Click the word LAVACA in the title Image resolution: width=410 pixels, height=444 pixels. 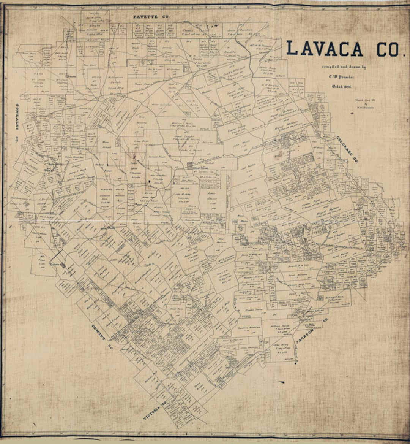click(325, 49)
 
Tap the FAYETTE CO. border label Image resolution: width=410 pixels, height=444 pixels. click(151, 17)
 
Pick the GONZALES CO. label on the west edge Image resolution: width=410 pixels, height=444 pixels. click(17, 122)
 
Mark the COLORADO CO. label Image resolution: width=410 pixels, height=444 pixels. click(347, 149)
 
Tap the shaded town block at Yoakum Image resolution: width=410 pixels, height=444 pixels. click(62, 265)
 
